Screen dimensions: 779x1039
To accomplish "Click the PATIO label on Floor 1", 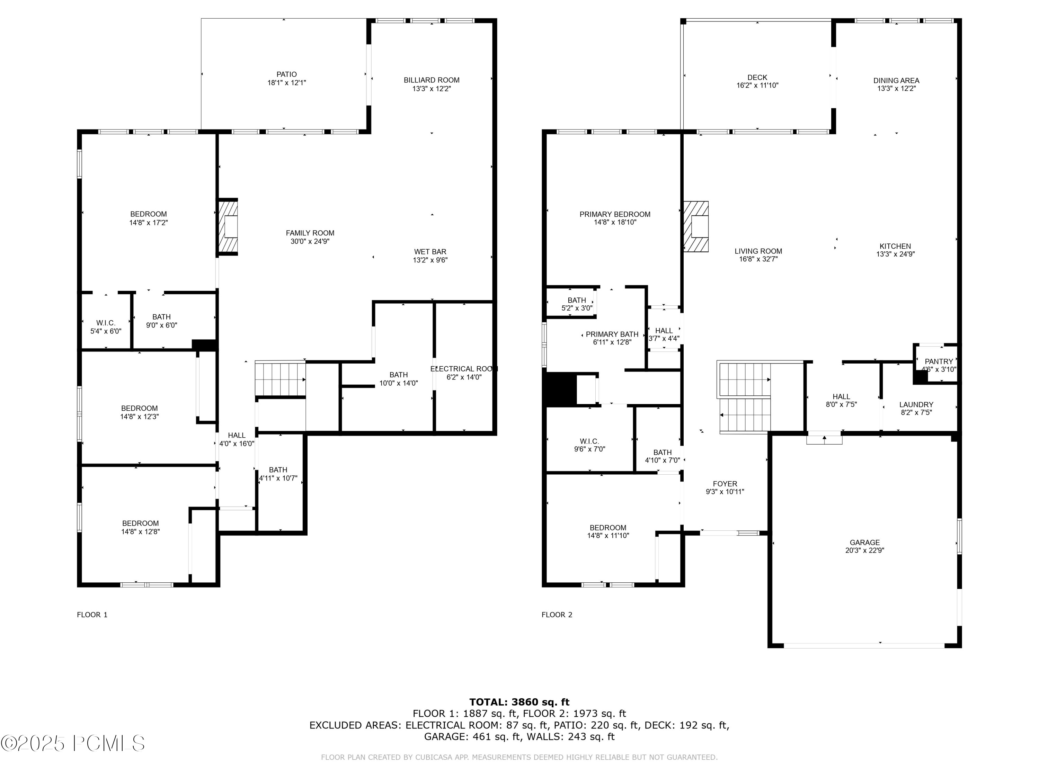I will (286, 74).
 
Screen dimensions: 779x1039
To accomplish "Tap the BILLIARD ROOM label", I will (431, 80).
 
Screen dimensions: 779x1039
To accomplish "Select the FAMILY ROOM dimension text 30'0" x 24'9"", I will (310, 241).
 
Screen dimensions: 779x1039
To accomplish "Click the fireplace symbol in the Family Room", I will (228, 227).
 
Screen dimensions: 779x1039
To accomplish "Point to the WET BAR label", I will (430, 252).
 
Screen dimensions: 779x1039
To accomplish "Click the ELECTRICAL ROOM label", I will (464, 369).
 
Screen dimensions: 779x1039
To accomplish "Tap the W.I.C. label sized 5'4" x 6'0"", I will (106, 323).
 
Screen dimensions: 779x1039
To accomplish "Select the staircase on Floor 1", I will (280, 378).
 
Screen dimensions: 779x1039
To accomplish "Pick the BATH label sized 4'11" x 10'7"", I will (278, 469).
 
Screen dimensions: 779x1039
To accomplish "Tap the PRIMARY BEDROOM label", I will (614, 214).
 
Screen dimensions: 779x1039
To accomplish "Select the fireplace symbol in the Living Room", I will (696, 227).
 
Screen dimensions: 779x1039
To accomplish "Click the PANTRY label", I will (939, 361).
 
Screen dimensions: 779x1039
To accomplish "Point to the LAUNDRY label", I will (916, 404).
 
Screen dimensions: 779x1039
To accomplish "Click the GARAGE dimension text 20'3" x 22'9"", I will (864, 550).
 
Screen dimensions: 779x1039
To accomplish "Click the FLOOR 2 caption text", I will (557, 615).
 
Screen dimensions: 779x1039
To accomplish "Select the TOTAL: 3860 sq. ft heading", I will (519, 702).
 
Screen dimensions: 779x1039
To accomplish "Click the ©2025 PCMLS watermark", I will (73, 743).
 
